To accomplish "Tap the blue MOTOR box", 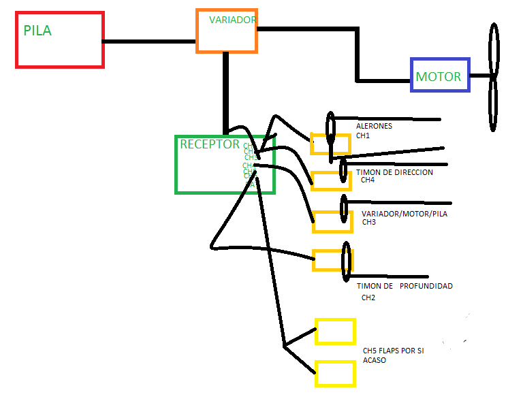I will [440, 76].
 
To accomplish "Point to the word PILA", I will [38, 31].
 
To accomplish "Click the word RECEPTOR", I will [210, 144].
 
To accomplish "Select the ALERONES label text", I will [374, 126].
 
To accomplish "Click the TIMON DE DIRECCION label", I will [394, 173].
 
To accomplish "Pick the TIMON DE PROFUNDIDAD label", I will [405, 287].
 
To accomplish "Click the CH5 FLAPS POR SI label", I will [393, 351].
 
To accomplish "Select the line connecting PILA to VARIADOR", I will [150, 42].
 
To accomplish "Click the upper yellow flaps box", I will [335, 332].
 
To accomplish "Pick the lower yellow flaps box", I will [335, 374].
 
